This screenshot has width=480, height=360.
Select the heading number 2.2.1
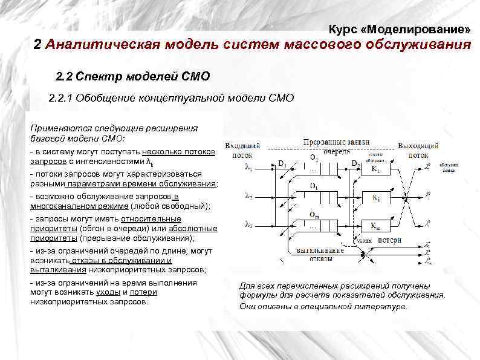pyautogui.click(x=62, y=99)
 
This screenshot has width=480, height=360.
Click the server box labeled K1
pyautogui.click(x=377, y=170)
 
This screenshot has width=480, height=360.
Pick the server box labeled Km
pyautogui.click(x=377, y=225)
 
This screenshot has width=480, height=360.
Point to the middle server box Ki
pyautogui.click(x=377, y=198)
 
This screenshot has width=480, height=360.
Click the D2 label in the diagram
pyautogui.click(x=356, y=164)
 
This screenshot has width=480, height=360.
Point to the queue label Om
pyautogui.click(x=313, y=215)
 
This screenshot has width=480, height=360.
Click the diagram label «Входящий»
pyautogui.click(x=242, y=146)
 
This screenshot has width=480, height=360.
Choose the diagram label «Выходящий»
pyautogui.click(x=418, y=146)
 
